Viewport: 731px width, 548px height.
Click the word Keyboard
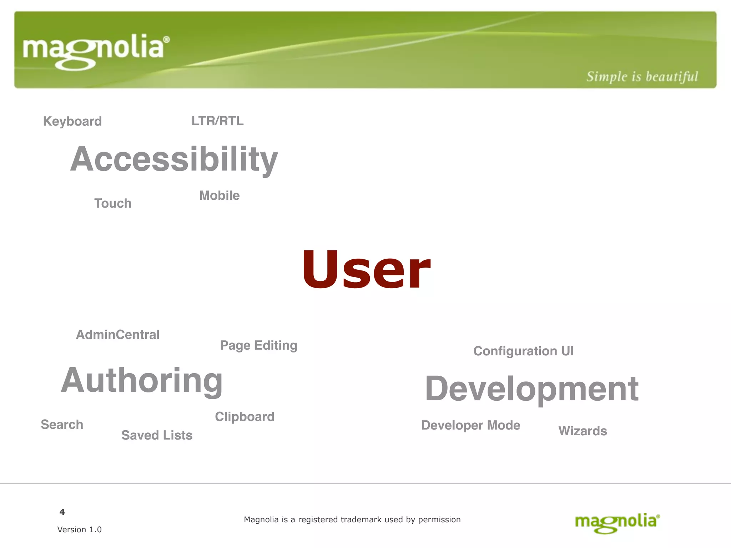(72, 121)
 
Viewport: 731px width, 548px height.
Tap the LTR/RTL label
(217, 121)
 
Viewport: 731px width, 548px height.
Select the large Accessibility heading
(174, 159)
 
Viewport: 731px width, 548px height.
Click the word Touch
(113, 203)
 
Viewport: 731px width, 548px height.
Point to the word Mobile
(220, 196)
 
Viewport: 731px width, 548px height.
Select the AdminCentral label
(118, 335)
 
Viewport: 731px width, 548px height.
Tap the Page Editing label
(258, 345)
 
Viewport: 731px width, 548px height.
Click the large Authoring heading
(142, 381)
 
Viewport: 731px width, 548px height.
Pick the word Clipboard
(244, 417)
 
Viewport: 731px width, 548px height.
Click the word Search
(62, 425)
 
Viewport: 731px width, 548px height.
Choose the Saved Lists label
(157, 435)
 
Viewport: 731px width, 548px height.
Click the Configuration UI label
(523, 351)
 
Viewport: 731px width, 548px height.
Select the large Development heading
(532, 389)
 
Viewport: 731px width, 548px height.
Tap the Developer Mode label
(471, 425)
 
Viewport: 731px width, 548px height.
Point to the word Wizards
(583, 431)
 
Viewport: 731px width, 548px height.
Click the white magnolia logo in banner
(96, 51)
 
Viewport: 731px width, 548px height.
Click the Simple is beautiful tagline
(642, 77)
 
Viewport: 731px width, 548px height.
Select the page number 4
(62, 512)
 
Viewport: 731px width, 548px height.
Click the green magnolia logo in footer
(617, 523)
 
